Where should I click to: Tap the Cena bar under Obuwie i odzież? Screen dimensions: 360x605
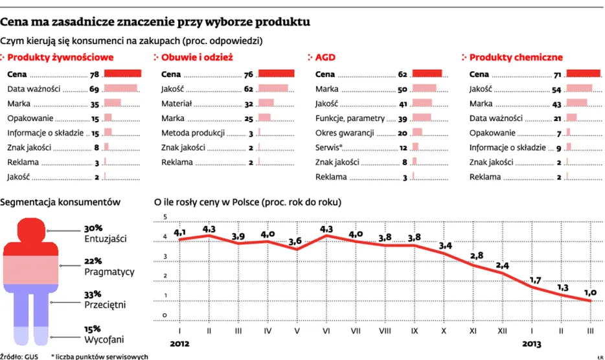point(276,74)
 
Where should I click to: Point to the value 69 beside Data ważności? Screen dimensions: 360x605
point(94,89)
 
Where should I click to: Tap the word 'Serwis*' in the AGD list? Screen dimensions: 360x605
point(329,148)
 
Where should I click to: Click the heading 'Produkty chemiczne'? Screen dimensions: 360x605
point(516,58)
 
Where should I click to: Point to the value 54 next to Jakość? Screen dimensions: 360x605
point(556,89)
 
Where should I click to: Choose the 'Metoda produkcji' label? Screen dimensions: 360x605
point(193,133)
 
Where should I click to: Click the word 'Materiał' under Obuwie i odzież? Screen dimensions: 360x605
point(176,104)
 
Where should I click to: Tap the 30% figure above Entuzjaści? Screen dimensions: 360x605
point(93,229)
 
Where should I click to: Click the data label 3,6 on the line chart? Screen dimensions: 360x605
point(295,241)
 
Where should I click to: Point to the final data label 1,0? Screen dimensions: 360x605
point(591,291)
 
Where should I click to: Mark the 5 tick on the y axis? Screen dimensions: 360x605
point(165,217)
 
